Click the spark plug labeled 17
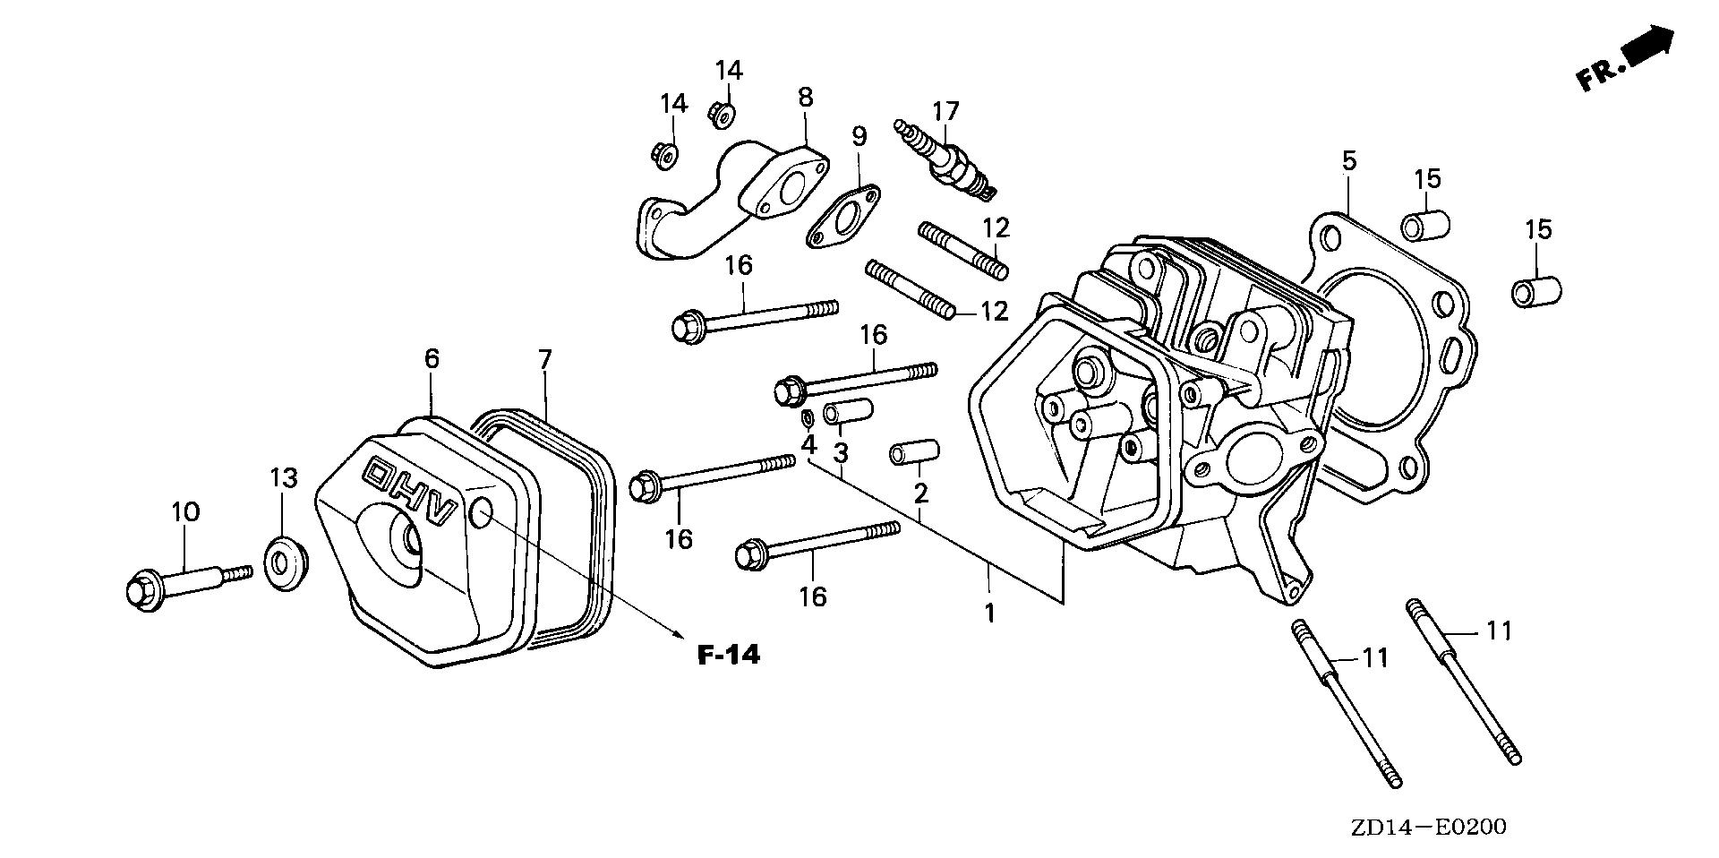945,159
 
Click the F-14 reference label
728,655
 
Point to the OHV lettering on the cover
411,487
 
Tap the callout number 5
1349,161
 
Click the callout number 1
989,613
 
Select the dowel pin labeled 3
848,414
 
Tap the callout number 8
805,98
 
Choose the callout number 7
545,360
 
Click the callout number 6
432,359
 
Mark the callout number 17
945,111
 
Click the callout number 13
283,478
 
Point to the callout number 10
186,512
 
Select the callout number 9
859,136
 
